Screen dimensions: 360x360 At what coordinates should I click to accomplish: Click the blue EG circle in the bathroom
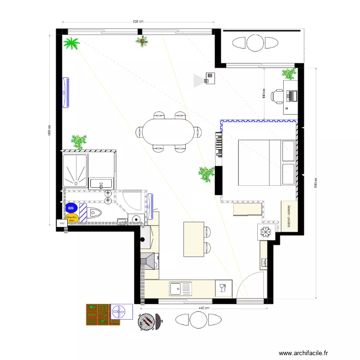pos(71,208)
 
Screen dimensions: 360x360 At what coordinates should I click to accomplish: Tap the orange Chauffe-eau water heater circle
pos(72,218)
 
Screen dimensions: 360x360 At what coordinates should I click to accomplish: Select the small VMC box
pos(61,223)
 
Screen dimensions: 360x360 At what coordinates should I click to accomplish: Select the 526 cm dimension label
pos(138,22)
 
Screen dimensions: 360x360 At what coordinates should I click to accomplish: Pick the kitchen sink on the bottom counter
pos(180,288)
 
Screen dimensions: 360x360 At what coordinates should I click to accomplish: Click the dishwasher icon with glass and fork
pos(223,288)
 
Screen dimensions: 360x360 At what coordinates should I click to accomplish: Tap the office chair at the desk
pos(277,96)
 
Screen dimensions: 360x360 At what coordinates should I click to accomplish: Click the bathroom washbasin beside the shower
pos(101,183)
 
